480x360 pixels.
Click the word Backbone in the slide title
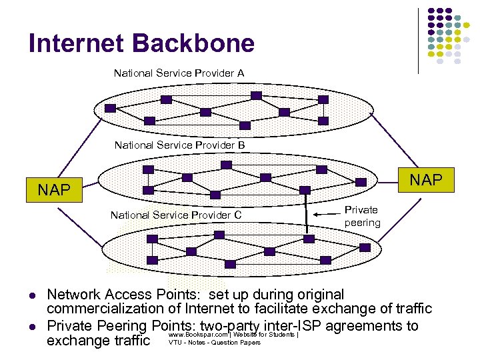[194, 44]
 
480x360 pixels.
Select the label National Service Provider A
[179, 73]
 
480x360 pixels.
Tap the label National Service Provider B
[179, 145]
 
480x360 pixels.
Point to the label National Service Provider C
[176, 215]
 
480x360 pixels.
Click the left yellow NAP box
[54, 190]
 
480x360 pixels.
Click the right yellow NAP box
[425, 180]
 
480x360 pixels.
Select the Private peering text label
[362, 216]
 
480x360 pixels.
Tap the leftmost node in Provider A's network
[111, 108]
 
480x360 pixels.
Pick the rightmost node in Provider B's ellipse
[361, 181]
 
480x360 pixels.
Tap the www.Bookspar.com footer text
[199, 334]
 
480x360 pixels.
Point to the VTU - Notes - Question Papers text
[214, 343]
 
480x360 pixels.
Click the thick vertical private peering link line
[306, 213]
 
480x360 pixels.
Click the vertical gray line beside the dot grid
[418, 40]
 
